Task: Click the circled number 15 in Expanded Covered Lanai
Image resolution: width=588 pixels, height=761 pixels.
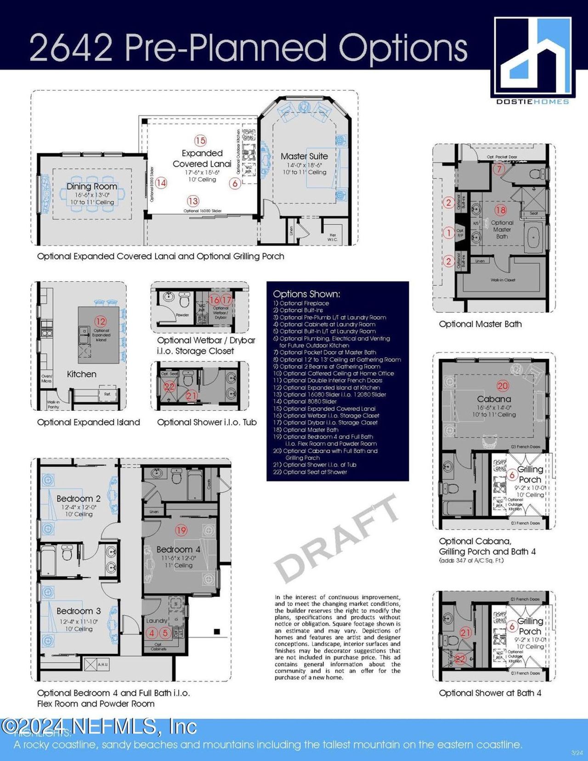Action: (x=200, y=140)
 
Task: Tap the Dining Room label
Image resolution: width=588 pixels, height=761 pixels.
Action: (x=91, y=186)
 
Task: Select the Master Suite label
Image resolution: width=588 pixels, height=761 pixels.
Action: (x=304, y=156)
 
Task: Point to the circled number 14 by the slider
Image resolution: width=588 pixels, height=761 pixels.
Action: (x=161, y=183)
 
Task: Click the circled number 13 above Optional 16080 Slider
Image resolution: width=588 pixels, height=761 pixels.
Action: (x=193, y=201)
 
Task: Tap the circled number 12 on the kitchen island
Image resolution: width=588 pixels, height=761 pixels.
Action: (x=101, y=321)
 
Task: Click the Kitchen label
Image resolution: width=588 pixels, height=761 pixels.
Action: (x=81, y=374)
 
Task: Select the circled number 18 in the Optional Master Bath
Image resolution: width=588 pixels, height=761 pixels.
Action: (x=500, y=210)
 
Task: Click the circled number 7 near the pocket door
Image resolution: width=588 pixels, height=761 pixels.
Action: (x=499, y=168)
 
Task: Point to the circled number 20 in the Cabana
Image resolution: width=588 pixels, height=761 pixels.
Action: (x=503, y=386)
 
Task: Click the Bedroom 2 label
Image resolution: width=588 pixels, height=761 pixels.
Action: (x=78, y=498)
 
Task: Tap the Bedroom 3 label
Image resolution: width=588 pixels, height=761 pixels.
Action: (x=78, y=611)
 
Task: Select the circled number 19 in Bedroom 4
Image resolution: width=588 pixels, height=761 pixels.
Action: (x=181, y=530)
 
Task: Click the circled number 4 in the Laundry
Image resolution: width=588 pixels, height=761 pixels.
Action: (x=152, y=633)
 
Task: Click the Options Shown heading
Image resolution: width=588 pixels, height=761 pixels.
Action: (x=306, y=294)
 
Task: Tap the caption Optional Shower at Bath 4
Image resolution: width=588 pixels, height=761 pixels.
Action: (x=490, y=693)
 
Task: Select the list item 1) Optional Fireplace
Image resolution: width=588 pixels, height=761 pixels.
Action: (x=301, y=303)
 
